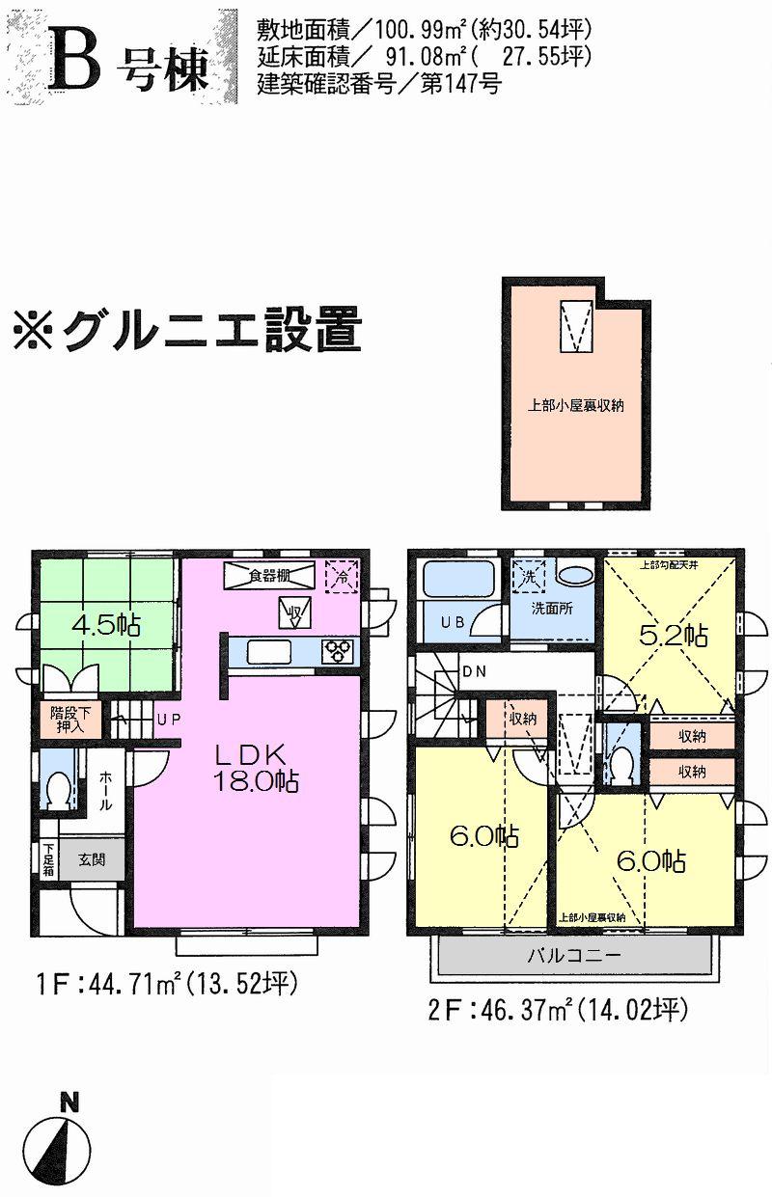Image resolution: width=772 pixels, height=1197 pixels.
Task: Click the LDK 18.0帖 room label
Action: click(x=256, y=767)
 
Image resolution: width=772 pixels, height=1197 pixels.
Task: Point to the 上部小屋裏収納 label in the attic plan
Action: click(x=575, y=406)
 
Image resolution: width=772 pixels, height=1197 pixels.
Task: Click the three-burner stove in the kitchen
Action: click(x=340, y=652)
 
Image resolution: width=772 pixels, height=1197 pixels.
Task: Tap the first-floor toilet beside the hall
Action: click(x=59, y=792)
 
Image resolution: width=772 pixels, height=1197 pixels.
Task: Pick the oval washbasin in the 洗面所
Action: click(x=576, y=576)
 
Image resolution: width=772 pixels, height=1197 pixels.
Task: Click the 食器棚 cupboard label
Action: click(x=269, y=576)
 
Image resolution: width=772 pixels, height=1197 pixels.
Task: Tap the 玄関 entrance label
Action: click(x=93, y=858)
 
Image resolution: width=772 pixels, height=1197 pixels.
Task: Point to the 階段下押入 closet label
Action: click(x=67, y=721)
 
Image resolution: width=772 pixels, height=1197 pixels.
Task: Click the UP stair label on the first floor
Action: click(x=168, y=719)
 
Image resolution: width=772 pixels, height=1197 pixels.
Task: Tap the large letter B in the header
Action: click(x=80, y=61)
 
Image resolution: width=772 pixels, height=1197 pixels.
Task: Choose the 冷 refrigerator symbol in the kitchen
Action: click(x=342, y=576)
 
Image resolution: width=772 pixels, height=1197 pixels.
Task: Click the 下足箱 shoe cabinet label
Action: click(x=47, y=859)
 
